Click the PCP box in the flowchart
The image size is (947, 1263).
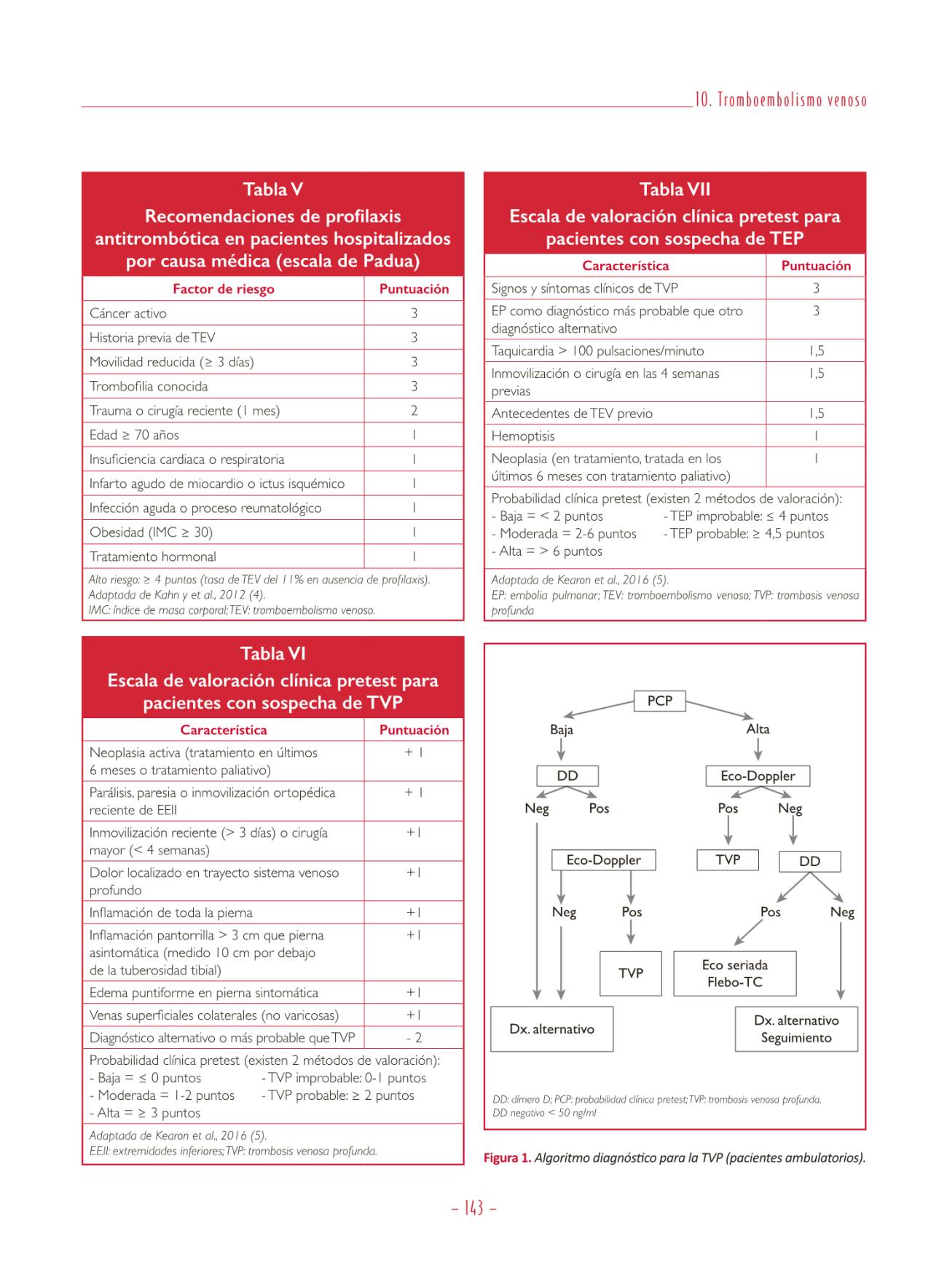tap(659, 701)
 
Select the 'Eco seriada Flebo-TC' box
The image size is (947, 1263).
tap(734, 973)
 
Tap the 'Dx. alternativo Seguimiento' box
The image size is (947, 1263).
tap(796, 1029)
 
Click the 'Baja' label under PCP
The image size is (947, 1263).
tap(562, 729)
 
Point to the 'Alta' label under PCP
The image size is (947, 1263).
tap(758, 729)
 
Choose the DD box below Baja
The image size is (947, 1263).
tap(567, 776)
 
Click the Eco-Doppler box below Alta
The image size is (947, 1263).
tap(758, 776)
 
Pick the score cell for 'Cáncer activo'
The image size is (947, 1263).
tap(414, 313)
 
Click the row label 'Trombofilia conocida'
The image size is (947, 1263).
tap(149, 386)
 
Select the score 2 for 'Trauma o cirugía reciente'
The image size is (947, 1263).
tap(414, 411)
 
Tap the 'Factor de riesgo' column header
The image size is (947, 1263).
tap(223, 289)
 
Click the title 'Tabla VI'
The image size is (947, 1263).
tap(272, 653)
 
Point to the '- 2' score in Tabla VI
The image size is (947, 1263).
tap(414, 1037)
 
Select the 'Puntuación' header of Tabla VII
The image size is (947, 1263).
tap(816, 266)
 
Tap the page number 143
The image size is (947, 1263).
tap(473, 1208)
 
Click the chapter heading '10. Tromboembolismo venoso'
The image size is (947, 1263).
tap(780, 101)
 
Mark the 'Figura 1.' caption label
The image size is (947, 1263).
tap(507, 1158)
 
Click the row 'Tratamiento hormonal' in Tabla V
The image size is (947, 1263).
tap(153, 556)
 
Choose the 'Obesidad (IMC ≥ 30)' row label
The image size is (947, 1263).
tap(151, 532)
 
